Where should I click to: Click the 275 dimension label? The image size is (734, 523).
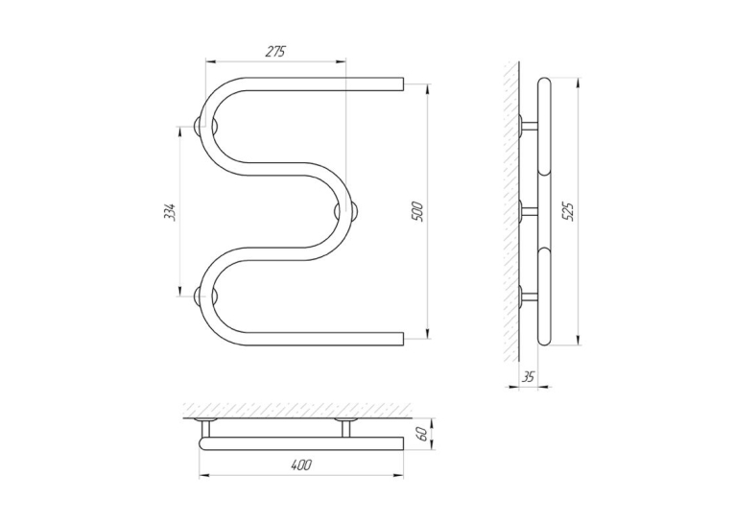(x=275, y=52)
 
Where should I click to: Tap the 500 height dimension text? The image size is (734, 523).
(x=417, y=212)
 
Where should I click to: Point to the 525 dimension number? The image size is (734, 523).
(x=568, y=212)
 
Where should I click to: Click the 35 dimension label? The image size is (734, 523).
(x=528, y=377)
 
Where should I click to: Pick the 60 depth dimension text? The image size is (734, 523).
(x=422, y=434)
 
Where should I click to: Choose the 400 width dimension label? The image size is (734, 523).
(x=301, y=465)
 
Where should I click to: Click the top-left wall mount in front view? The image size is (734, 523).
(x=206, y=127)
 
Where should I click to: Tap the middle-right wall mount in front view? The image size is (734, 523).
(x=347, y=211)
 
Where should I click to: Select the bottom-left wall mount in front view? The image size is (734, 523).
(x=206, y=297)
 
